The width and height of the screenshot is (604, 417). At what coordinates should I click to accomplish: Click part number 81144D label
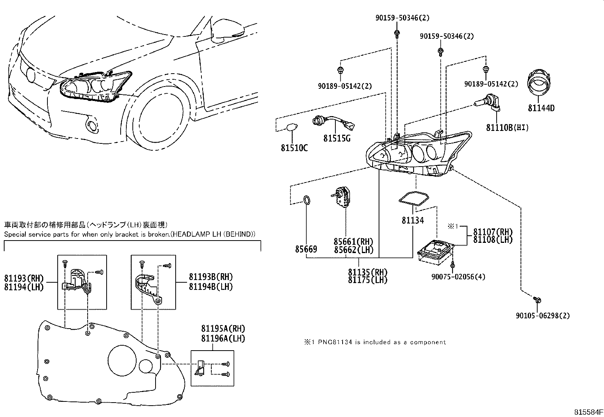point(541,108)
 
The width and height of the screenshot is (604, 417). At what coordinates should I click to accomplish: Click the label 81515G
point(337,138)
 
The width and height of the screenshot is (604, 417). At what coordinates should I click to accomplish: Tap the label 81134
point(413,220)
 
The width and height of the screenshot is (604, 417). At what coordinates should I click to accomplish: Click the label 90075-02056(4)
point(458,277)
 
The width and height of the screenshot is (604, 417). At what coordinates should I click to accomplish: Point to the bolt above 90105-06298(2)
point(538,300)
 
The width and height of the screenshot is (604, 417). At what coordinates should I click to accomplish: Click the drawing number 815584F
point(588,412)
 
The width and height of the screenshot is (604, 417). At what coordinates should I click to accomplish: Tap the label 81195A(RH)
point(223,329)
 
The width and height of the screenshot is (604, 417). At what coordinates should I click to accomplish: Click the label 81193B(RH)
point(211,277)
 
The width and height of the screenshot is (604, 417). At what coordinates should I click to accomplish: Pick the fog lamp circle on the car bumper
point(91,126)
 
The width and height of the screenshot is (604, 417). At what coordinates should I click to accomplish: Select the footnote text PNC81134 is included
point(374,342)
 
